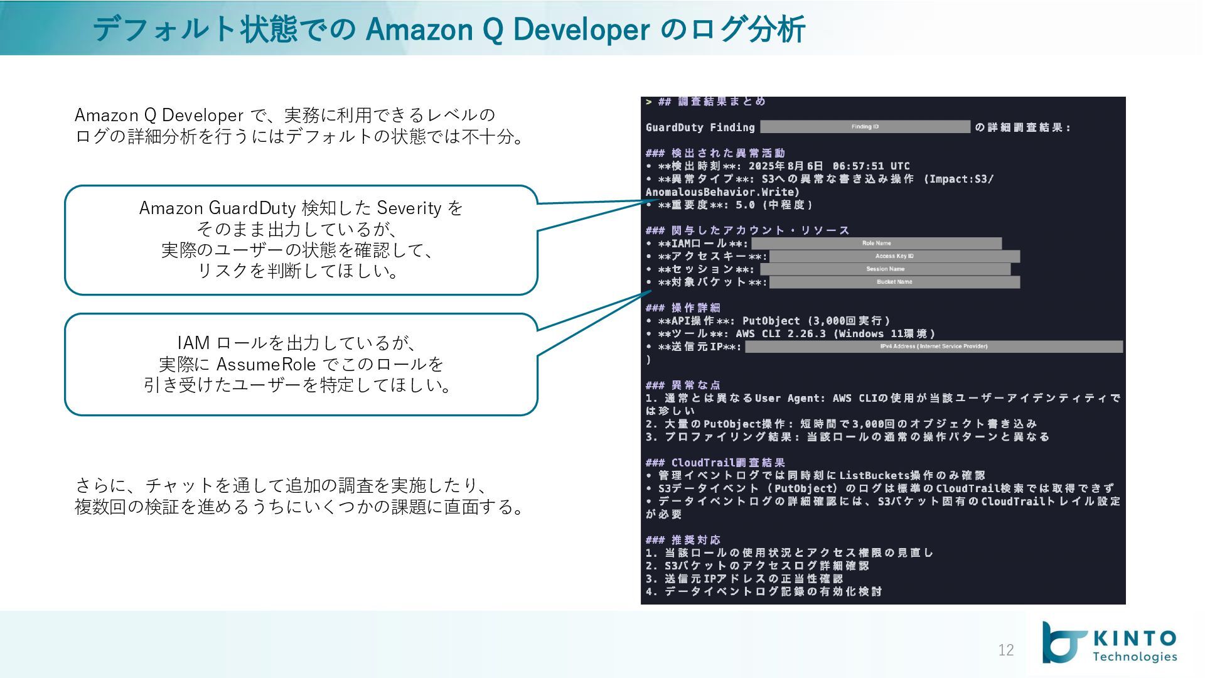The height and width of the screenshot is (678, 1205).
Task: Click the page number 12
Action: tap(1005, 650)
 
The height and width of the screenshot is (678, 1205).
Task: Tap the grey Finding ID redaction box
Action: tap(865, 127)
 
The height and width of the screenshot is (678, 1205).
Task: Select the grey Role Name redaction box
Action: tap(876, 243)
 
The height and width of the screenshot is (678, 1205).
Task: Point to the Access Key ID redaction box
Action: tap(894, 256)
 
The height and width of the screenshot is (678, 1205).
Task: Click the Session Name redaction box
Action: tap(885, 269)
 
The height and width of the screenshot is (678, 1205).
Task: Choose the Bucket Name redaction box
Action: tap(894, 282)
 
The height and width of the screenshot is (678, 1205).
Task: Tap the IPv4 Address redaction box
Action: tap(933, 347)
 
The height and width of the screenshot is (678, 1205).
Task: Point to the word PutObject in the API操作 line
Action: tap(771, 321)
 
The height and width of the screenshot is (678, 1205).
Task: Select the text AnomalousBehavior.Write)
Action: tap(722, 192)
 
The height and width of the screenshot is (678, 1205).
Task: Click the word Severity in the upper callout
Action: tap(409, 208)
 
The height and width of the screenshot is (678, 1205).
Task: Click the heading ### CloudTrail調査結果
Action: tap(715, 463)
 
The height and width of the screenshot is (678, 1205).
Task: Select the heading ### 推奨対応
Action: tap(683, 540)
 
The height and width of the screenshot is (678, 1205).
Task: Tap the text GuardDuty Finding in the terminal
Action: tap(700, 127)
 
